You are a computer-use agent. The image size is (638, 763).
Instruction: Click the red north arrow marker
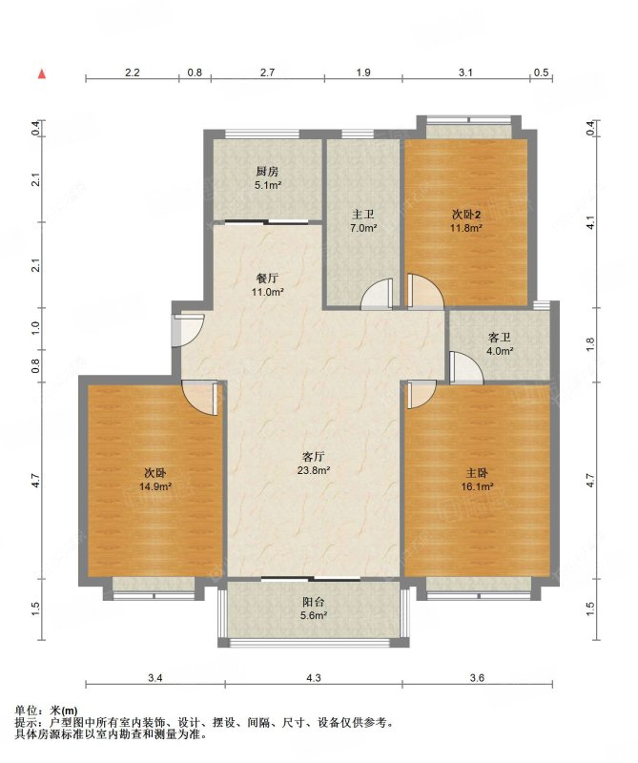pyautogui.click(x=42, y=74)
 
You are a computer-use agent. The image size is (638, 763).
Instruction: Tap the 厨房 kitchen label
pyautogui.click(x=267, y=172)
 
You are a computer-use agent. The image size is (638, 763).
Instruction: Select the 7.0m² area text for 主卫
pyautogui.click(x=363, y=228)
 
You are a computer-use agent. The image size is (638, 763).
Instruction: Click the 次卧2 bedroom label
pyautogui.click(x=466, y=214)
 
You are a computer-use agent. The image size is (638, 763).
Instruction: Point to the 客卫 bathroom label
pyautogui.click(x=500, y=338)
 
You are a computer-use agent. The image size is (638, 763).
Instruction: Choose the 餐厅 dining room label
pyautogui.click(x=267, y=278)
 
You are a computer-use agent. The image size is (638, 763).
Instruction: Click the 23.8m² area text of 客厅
pyautogui.click(x=314, y=470)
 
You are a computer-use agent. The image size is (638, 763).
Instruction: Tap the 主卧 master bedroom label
pyautogui.click(x=477, y=473)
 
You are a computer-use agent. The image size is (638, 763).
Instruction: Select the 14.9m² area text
pyautogui.click(x=155, y=486)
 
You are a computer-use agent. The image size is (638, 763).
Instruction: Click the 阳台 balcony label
pyautogui.click(x=314, y=602)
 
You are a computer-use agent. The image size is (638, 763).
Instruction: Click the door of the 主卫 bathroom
pyautogui.click(x=376, y=294)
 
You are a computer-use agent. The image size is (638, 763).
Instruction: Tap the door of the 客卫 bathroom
pyautogui.click(x=466, y=367)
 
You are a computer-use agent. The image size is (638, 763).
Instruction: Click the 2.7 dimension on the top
pyautogui.click(x=267, y=73)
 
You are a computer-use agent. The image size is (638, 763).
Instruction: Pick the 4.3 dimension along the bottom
pyautogui.click(x=314, y=678)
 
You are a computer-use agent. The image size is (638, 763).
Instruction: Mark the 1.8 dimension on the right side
pyautogui.click(x=591, y=344)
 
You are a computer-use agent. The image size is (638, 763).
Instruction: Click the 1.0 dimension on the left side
pyautogui.click(x=36, y=328)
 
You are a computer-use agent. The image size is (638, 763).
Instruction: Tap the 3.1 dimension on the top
pyautogui.click(x=465, y=73)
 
